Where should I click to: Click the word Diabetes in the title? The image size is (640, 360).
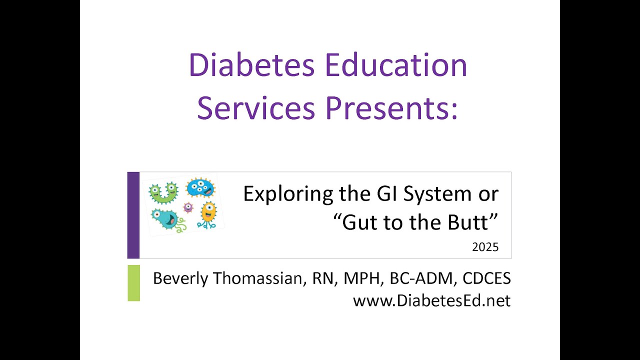[x=251, y=65]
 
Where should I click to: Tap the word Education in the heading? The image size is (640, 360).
[x=396, y=65]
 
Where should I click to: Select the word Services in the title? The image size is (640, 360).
[x=256, y=108]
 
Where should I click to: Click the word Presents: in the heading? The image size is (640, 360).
[x=391, y=108]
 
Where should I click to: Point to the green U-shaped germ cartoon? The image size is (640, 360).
[x=163, y=193]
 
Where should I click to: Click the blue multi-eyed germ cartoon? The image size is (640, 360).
[x=200, y=187]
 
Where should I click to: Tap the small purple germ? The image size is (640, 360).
[x=188, y=207]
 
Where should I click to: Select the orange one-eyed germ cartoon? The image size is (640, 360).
[x=208, y=215]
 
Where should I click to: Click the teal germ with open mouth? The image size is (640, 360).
[x=167, y=219]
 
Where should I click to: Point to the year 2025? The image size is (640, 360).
[x=485, y=247]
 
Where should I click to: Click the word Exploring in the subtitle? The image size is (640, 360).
[x=288, y=194]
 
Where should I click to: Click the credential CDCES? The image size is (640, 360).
[x=486, y=278]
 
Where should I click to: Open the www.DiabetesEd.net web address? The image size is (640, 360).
[x=431, y=300]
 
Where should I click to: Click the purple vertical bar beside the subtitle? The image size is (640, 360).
[x=133, y=215]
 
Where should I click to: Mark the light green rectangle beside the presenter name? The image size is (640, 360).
[x=133, y=283]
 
